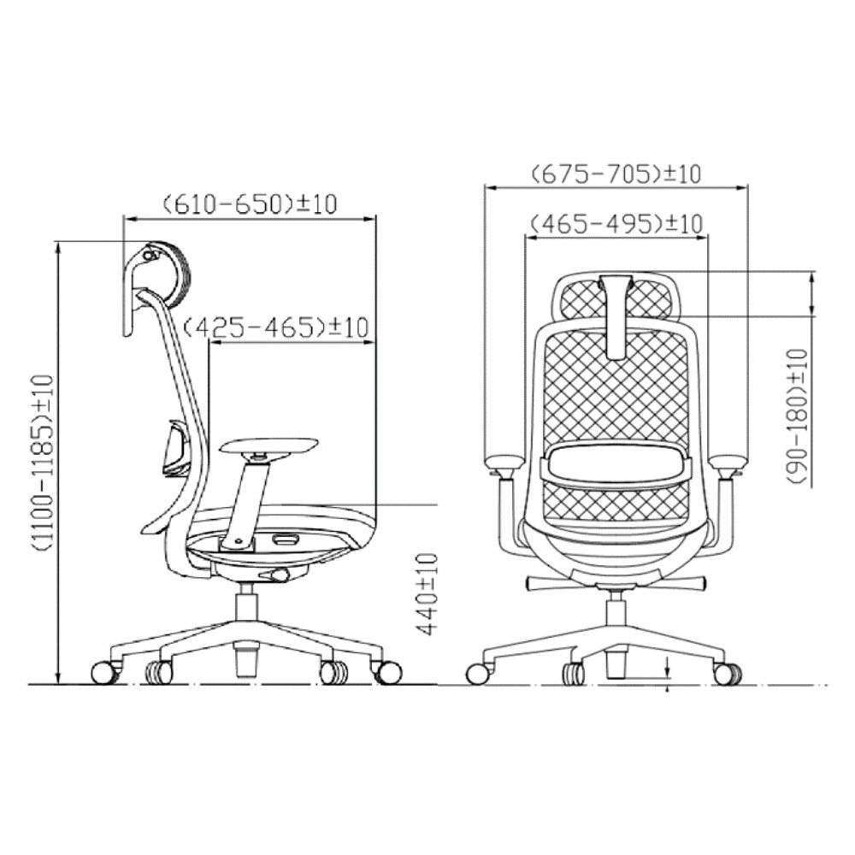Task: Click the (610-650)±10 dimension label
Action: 251,204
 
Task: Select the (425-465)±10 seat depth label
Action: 275,327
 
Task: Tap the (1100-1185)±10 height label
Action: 43,463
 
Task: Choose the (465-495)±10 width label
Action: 616,223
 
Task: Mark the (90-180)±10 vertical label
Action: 797,416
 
